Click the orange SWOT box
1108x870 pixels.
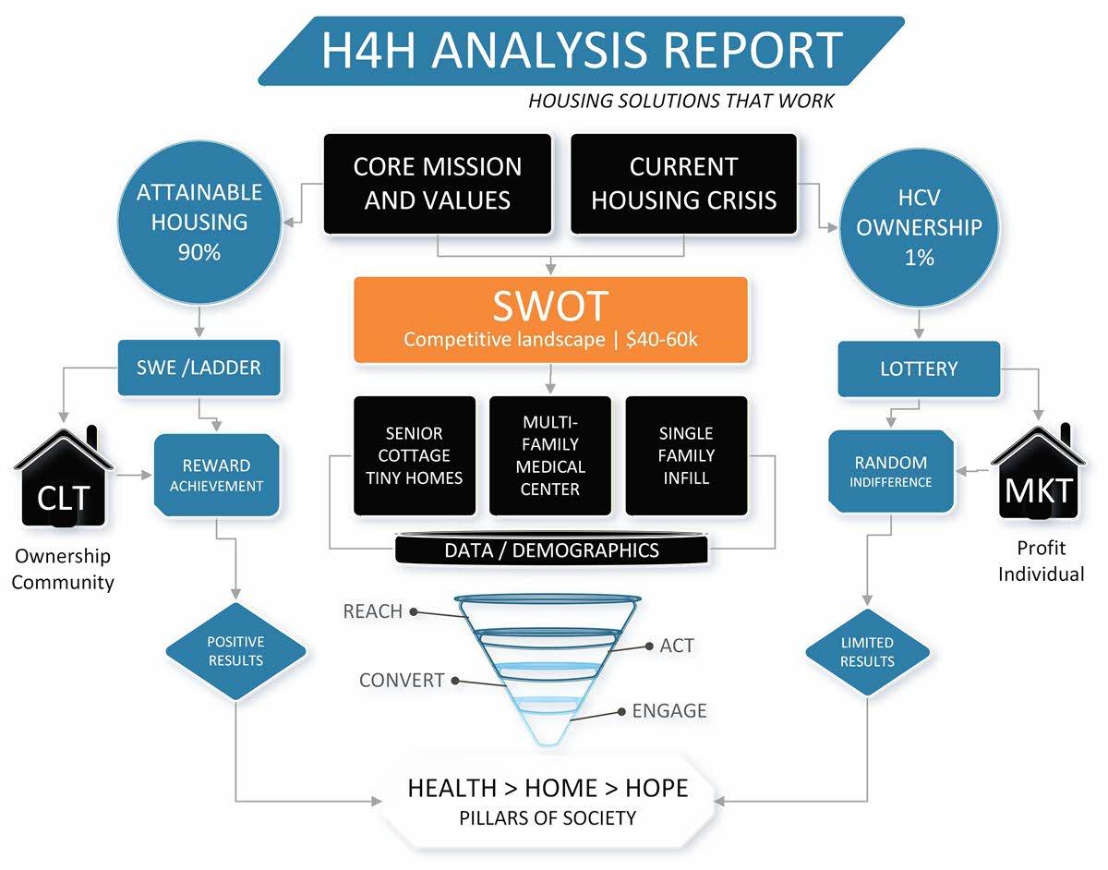pyautogui.click(x=550, y=320)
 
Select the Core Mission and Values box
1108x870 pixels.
pyautogui.click(x=438, y=184)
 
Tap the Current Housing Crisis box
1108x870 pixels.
pyautogui.click(x=684, y=184)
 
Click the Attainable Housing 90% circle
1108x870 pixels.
pyautogui.click(x=199, y=223)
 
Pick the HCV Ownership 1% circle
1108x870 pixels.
pyautogui.click(x=919, y=227)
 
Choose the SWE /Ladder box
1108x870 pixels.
pyautogui.click(x=199, y=368)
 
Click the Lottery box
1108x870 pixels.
pyautogui.click(x=919, y=369)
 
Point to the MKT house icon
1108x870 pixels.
pyautogui.click(x=1038, y=472)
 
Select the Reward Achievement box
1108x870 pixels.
pyautogui.click(x=217, y=475)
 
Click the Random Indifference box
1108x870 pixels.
pyautogui.click(x=891, y=471)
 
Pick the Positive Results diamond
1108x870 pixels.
pyautogui.click(x=235, y=651)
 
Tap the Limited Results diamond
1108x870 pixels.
pyautogui.click(x=867, y=652)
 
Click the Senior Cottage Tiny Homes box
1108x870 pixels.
pyautogui.click(x=415, y=455)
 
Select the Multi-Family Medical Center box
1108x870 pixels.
pyautogui.click(x=550, y=455)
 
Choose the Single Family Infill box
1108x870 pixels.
pyautogui.click(x=686, y=455)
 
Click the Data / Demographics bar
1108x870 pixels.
pyautogui.click(x=551, y=550)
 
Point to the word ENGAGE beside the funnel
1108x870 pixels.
pyautogui.click(x=669, y=711)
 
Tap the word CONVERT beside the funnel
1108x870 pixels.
pyautogui.click(x=402, y=681)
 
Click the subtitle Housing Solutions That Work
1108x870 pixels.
pyautogui.click(x=681, y=101)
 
